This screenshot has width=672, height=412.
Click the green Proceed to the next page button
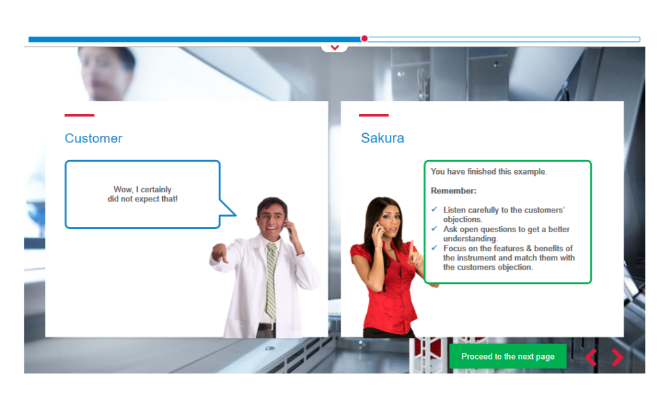(507, 356)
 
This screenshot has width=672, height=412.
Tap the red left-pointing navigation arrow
(591, 357)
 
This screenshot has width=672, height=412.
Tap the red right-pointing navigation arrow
(617, 357)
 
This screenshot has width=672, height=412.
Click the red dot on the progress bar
(364, 39)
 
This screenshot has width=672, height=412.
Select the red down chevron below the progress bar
(335, 47)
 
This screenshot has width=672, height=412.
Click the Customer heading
(93, 138)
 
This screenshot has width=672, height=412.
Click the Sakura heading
(383, 138)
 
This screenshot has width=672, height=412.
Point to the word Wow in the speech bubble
(123, 190)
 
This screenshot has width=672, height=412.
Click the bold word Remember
(453, 190)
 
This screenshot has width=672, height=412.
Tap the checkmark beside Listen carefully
(434, 209)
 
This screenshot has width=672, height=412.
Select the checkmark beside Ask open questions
(434, 229)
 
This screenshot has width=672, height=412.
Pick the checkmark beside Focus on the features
(434, 248)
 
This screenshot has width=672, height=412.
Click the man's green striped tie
(271, 281)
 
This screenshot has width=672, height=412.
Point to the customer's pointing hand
(219, 253)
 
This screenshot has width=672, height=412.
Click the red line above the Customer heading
(79, 115)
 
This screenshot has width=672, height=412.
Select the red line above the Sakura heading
(373, 115)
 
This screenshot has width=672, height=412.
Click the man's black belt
(266, 326)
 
